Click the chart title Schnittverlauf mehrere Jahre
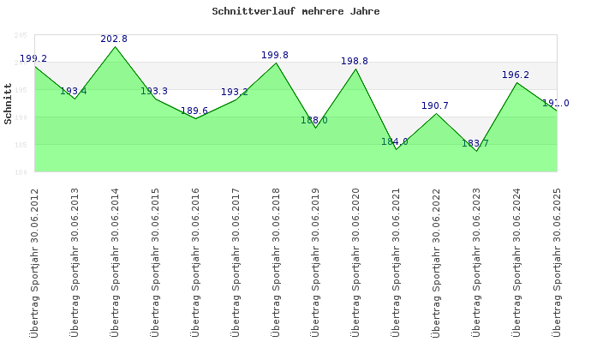click(295, 12)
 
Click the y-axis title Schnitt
click(8, 104)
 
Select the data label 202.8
click(114, 39)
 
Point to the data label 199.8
click(275, 56)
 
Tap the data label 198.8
click(355, 62)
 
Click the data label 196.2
click(516, 75)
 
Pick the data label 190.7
click(435, 106)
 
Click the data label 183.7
click(475, 144)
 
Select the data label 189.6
click(194, 111)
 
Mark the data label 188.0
click(314, 121)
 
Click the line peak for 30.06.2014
click(116, 46)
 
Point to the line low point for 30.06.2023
click(476, 151)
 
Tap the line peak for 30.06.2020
click(356, 69)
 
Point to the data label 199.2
click(33, 59)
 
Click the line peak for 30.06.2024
click(516, 82)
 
